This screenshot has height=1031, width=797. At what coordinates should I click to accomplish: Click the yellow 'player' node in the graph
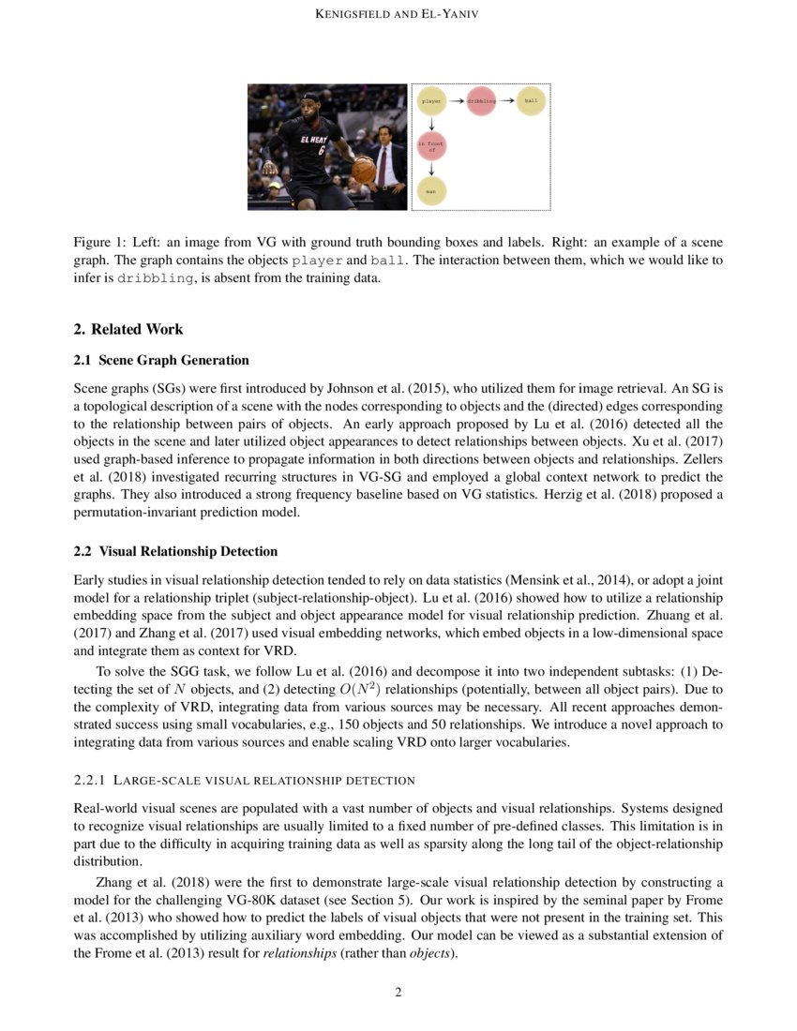point(431,100)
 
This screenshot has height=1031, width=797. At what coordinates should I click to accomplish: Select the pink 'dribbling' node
point(480,100)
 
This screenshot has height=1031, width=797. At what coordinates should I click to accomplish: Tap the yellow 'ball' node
point(531,100)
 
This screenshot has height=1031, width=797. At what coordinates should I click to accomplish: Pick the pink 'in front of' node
point(431,146)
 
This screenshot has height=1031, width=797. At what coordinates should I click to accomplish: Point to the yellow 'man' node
point(431,191)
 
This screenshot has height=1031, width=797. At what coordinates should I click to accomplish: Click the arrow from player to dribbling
point(456,100)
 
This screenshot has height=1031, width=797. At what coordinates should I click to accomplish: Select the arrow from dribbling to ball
point(505,100)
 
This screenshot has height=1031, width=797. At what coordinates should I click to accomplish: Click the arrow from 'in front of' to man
point(431,169)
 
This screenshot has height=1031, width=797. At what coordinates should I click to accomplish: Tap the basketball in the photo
point(363,170)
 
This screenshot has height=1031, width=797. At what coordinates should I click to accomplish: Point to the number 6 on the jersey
point(320,149)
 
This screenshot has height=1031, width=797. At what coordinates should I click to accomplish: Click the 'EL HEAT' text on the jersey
point(314,139)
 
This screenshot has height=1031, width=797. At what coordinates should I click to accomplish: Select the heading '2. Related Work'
point(128,329)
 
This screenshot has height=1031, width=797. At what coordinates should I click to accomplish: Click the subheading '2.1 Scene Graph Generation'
point(161,360)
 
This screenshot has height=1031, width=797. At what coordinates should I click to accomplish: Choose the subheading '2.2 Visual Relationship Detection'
point(175,551)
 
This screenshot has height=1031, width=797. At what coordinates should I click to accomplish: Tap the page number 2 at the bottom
point(398,993)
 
